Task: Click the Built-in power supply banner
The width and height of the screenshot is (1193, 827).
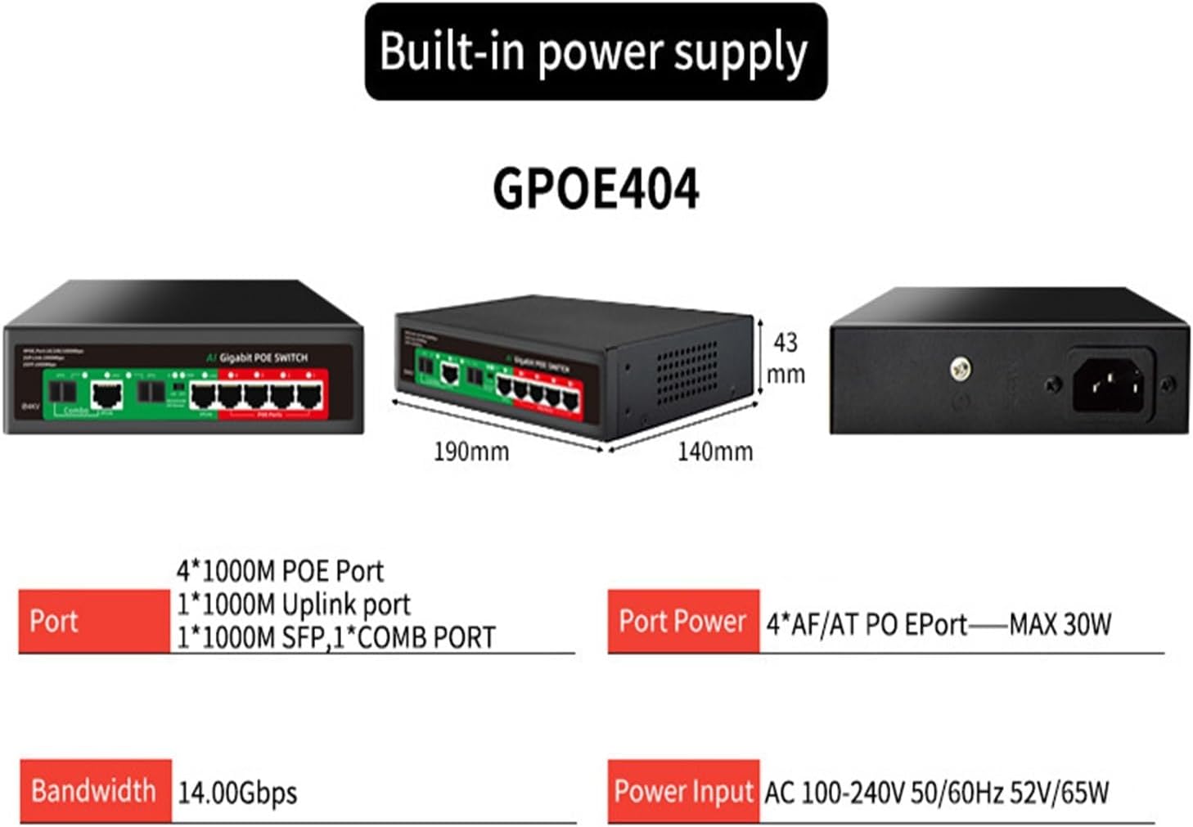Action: [x=595, y=52]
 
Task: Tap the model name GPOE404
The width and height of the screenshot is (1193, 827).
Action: [x=595, y=188]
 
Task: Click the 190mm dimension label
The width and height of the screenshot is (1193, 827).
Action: [x=470, y=451]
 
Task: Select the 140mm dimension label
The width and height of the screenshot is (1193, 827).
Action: [x=714, y=451]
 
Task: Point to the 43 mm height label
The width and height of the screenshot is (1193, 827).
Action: [x=786, y=357]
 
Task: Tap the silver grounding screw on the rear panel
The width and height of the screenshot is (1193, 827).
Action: [x=961, y=370]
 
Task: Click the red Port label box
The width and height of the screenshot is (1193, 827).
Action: [x=94, y=621]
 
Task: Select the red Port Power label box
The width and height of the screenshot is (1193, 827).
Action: [x=682, y=621]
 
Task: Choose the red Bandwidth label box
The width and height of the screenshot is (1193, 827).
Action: [x=94, y=790]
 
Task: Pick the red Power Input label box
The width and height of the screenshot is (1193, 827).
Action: [x=682, y=790]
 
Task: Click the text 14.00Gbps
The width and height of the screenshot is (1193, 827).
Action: [x=237, y=792]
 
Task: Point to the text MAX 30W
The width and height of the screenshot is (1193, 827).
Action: [x=1060, y=625]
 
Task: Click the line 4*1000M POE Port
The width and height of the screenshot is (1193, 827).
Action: [x=280, y=571]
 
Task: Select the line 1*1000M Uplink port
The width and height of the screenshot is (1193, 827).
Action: [x=293, y=605]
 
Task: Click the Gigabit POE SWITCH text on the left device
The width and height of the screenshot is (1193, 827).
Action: [x=263, y=357]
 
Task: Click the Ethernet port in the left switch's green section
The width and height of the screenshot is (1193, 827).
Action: [x=106, y=395]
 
